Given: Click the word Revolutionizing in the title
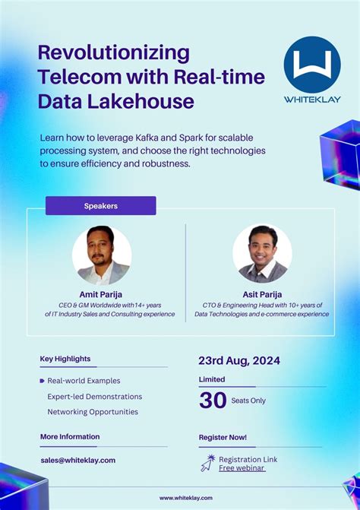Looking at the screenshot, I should pyautogui.click(x=113, y=53).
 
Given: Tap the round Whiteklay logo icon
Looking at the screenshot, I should pyautogui.click(x=311, y=65).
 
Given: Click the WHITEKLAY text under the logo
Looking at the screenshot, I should pyautogui.click(x=311, y=99).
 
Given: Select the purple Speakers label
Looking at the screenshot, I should pyautogui.click(x=100, y=206).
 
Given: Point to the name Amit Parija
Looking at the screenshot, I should pyautogui.click(x=101, y=294).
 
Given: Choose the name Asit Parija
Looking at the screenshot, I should pyautogui.click(x=262, y=294).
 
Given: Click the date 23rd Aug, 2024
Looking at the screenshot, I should pyautogui.click(x=239, y=360).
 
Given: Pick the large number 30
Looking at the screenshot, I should pyautogui.click(x=213, y=400).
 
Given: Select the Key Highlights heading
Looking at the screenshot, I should pyautogui.click(x=65, y=359).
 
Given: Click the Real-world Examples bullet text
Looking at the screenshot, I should pyautogui.click(x=84, y=381).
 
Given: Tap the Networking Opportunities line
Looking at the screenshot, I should pyautogui.click(x=93, y=412).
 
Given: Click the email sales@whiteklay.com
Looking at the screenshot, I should pyautogui.click(x=78, y=460).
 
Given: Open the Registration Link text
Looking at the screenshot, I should pyautogui.click(x=248, y=459).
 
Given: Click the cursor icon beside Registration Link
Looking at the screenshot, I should pyautogui.click(x=207, y=463).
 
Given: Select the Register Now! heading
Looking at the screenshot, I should pyautogui.click(x=223, y=437).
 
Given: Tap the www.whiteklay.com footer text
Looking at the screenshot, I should pyautogui.click(x=185, y=498).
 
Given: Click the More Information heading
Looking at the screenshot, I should pyautogui.click(x=70, y=436).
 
